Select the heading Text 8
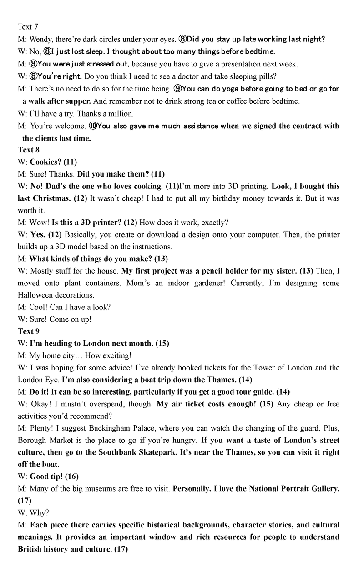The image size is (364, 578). point(28,150)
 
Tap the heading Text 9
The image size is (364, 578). point(28,331)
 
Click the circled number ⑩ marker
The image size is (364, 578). point(93,126)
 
